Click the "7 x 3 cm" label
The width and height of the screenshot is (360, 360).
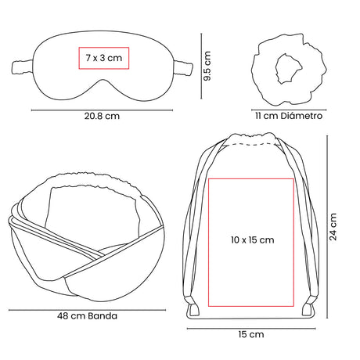[x=104, y=58]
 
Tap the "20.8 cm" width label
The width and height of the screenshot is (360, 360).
[x=102, y=116]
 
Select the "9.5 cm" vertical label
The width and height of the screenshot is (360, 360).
[x=207, y=66]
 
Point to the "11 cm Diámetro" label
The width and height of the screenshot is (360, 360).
[x=289, y=116]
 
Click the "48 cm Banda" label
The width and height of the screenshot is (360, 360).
[x=87, y=316]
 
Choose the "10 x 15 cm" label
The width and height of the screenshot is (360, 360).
[x=252, y=239]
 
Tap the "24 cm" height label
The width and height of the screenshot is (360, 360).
[x=333, y=227]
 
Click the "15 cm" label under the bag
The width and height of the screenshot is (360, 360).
[x=251, y=334]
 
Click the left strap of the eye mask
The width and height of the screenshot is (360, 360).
[x=23, y=67]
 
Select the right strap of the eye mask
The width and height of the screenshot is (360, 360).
[x=183, y=68]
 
